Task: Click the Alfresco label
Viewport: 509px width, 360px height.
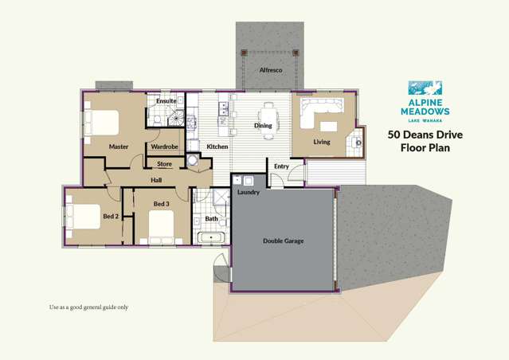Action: (x=271, y=70)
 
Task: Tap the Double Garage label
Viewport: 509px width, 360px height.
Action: (x=283, y=241)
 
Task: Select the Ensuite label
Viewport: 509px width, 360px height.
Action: (x=166, y=101)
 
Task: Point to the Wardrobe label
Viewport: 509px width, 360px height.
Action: (x=164, y=147)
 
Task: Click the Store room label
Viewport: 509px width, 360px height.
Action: (x=164, y=164)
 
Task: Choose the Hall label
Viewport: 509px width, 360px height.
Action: (x=156, y=180)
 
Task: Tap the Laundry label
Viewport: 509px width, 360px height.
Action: (x=249, y=192)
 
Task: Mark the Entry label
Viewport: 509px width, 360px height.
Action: (x=281, y=166)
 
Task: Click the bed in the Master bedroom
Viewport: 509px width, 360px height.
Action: (x=102, y=123)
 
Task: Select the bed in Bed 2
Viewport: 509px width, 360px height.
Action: (x=79, y=215)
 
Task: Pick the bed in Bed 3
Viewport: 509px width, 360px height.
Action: (x=161, y=226)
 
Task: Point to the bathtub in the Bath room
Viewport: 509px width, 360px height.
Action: (x=210, y=237)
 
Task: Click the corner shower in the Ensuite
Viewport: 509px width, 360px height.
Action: (x=154, y=118)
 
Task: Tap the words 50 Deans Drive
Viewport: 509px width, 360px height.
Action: (x=425, y=135)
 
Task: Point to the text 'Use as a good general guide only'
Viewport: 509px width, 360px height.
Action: (x=88, y=307)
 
